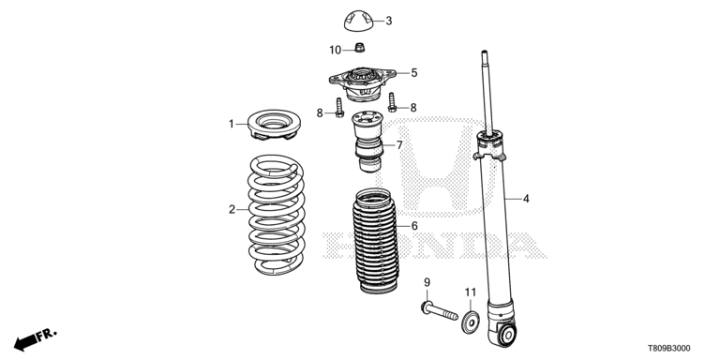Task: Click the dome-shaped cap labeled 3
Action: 359,21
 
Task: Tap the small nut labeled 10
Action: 360,47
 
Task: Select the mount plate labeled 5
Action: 362,84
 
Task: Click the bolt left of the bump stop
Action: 339,108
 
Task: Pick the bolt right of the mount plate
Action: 392,102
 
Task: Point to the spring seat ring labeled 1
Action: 274,125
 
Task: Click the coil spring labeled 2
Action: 276,215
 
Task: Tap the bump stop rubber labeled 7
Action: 367,142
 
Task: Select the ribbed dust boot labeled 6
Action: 375,241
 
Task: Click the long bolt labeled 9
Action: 440,310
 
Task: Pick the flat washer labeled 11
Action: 471,322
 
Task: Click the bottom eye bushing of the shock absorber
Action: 507,335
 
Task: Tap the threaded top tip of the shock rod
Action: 484,55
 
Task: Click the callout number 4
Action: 526,199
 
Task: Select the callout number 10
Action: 336,50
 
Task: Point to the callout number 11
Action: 471,292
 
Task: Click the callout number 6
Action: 414,226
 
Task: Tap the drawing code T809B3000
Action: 668,349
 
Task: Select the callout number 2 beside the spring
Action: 232,210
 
